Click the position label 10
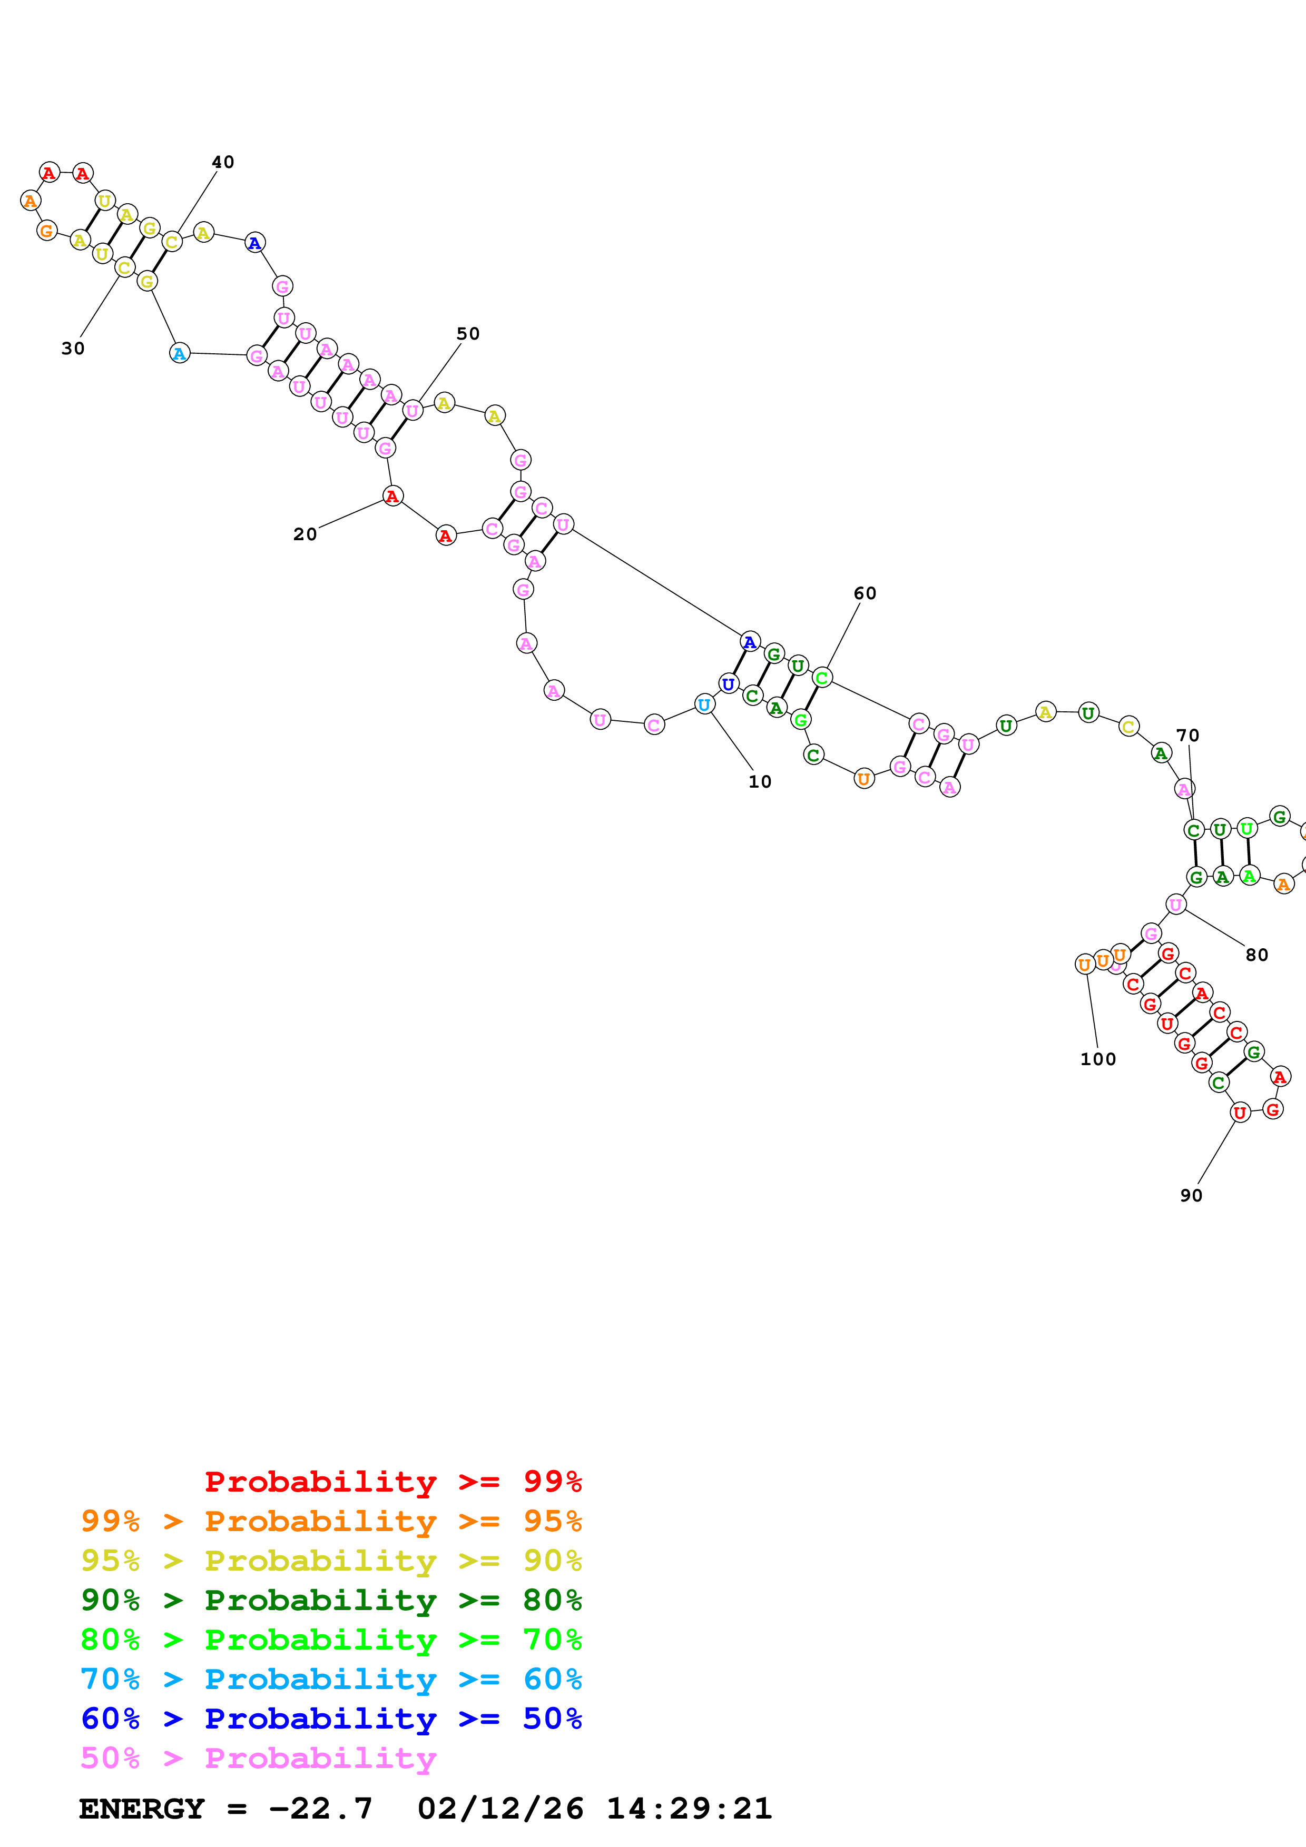(x=760, y=782)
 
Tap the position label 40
(x=223, y=163)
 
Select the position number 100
(x=1097, y=1059)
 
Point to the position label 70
(x=1187, y=735)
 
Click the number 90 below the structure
(x=1191, y=1195)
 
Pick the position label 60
(x=865, y=594)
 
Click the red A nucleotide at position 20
(x=392, y=496)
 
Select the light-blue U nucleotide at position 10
(x=704, y=704)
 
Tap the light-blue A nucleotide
(x=180, y=353)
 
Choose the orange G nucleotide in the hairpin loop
(x=47, y=231)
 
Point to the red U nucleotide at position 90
(x=1240, y=1113)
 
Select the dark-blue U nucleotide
(x=728, y=684)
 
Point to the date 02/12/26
(x=500, y=1809)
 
